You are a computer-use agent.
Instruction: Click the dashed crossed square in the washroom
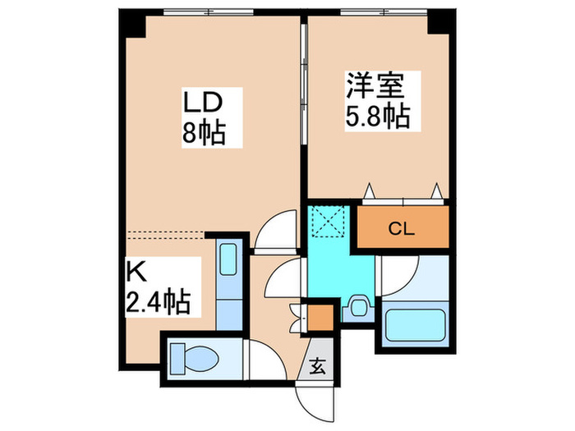pos(331,220)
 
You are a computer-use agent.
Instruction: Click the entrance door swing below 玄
pos(316,401)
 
